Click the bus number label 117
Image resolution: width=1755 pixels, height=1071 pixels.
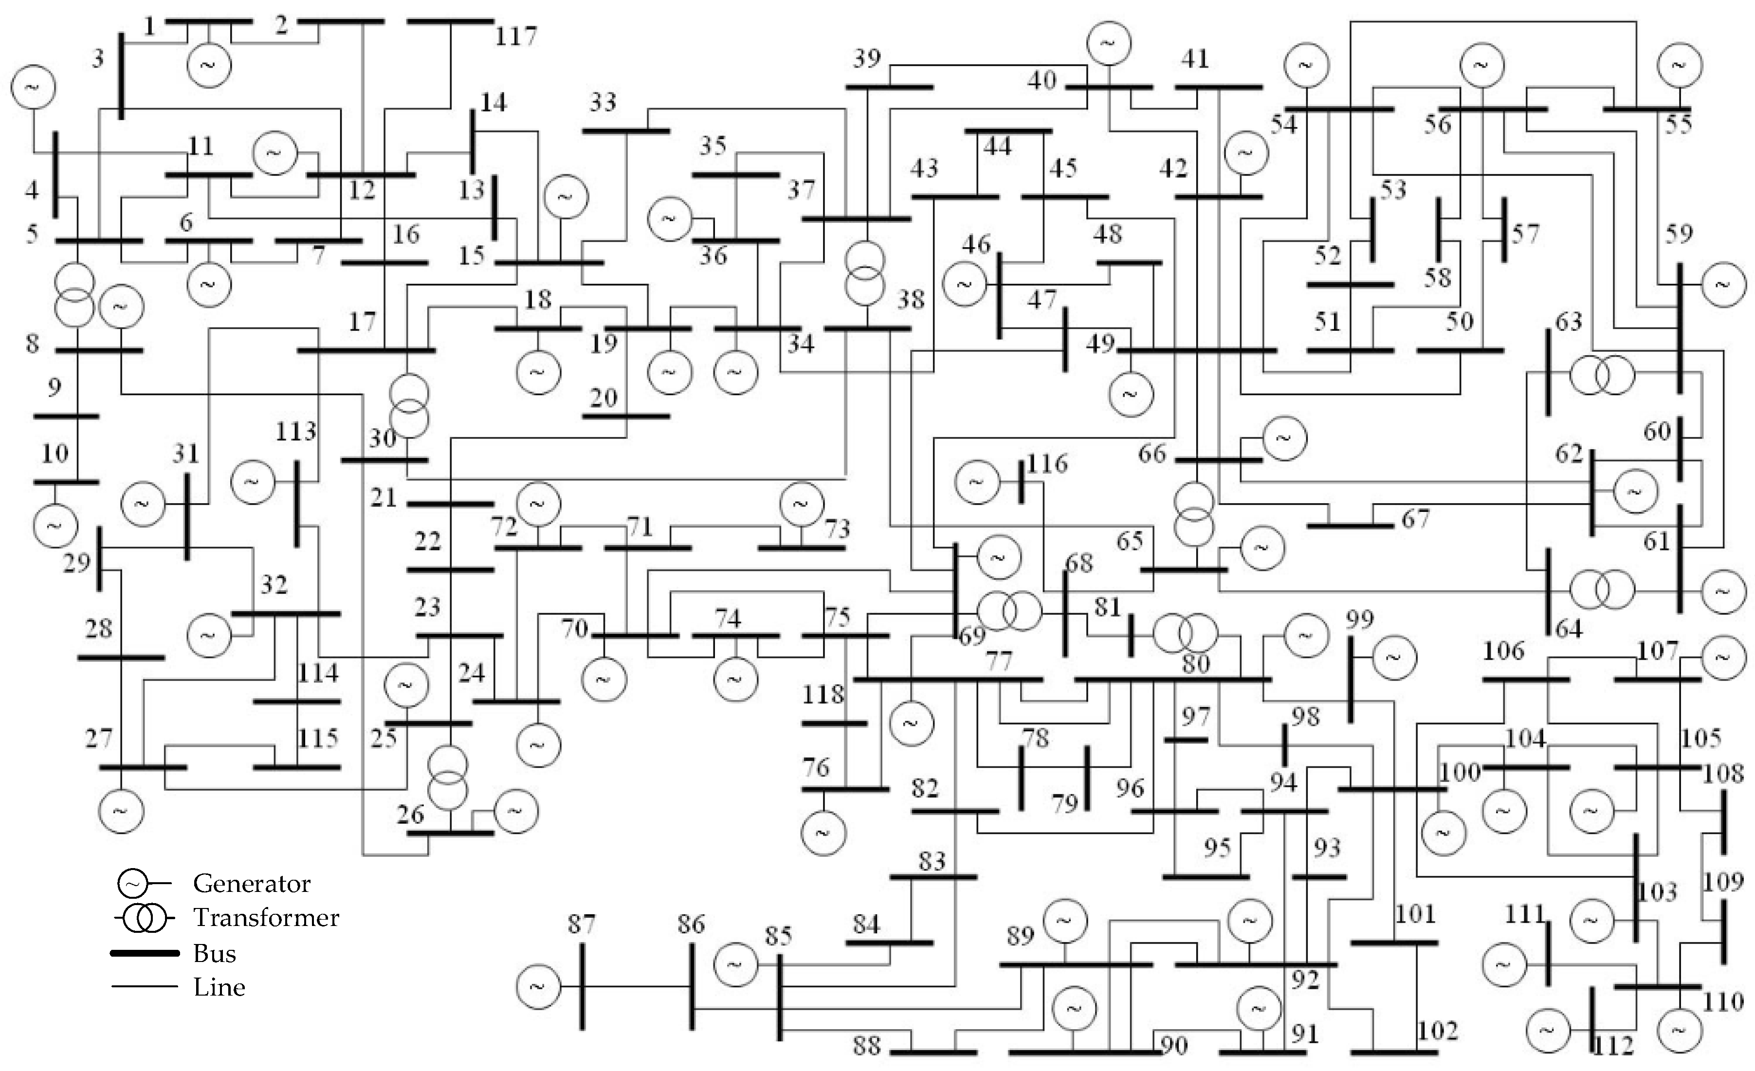click(516, 36)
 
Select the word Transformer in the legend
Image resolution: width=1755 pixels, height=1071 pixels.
click(266, 918)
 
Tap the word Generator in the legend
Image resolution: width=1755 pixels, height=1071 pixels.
click(252, 884)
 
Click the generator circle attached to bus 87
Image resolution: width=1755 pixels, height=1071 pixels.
click(538, 986)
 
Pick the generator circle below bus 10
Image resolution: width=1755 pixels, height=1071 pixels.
click(55, 526)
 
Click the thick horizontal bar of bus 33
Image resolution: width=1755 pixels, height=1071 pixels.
click(626, 131)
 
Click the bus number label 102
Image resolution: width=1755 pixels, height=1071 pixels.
click(1437, 1031)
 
